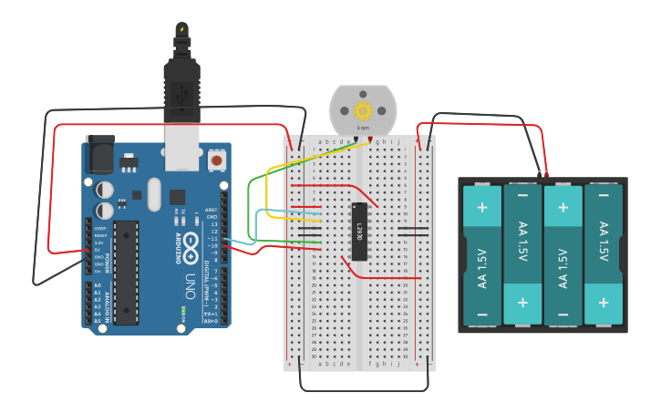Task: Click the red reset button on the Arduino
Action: [x=217, y=160]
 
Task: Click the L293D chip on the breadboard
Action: [x=360, y=231]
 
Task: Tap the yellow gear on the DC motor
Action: [x=364, y=111]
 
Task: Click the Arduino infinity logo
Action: [x=191, y=243]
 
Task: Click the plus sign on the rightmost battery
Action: [x=603, y=302]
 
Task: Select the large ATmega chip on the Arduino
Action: [x=126, y=272]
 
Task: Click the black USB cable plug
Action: [x=181, y=87]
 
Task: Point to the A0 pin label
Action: [x=98, y=286]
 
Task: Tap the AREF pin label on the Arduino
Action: [x=212, y=209]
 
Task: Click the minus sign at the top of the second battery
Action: [x=522, y=194]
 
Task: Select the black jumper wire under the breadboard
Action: [x=365, y=390]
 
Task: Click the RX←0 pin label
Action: [x=211, y=321]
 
